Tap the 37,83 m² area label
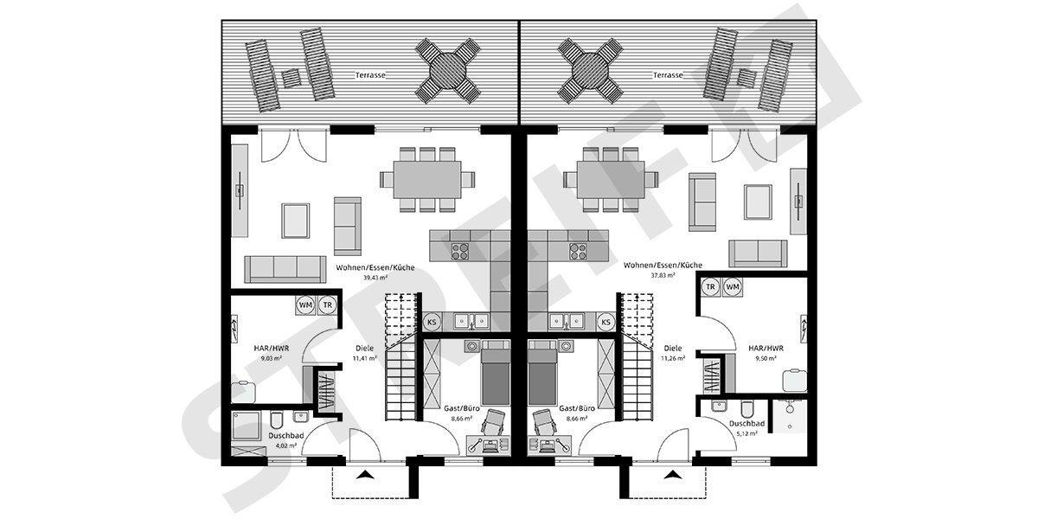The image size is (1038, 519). point(664,276)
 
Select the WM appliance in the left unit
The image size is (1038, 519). point(305,304)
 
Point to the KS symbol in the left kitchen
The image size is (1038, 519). point(432,322)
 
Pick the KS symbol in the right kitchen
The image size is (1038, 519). point(605,322)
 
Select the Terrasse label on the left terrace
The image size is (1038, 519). point(369,75)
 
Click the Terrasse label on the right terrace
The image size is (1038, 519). point(668,75)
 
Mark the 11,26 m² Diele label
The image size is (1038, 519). point(673,357)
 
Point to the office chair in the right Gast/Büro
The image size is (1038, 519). point(546,423)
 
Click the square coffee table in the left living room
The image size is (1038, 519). point(296,219)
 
